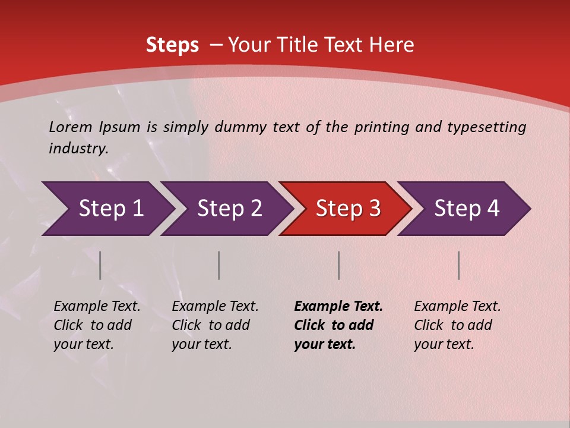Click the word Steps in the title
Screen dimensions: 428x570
172,45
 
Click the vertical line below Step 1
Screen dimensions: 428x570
100,265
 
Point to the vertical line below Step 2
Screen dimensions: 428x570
219,265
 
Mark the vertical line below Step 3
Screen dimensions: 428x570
338,265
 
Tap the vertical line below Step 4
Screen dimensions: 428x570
459,265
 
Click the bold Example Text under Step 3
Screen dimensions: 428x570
338,307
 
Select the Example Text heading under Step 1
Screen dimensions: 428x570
97,307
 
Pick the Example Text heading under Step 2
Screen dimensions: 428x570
215,307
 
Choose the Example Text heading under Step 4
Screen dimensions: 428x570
457,307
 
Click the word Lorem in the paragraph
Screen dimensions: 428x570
71,127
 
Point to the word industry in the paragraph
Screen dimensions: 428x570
78,149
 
